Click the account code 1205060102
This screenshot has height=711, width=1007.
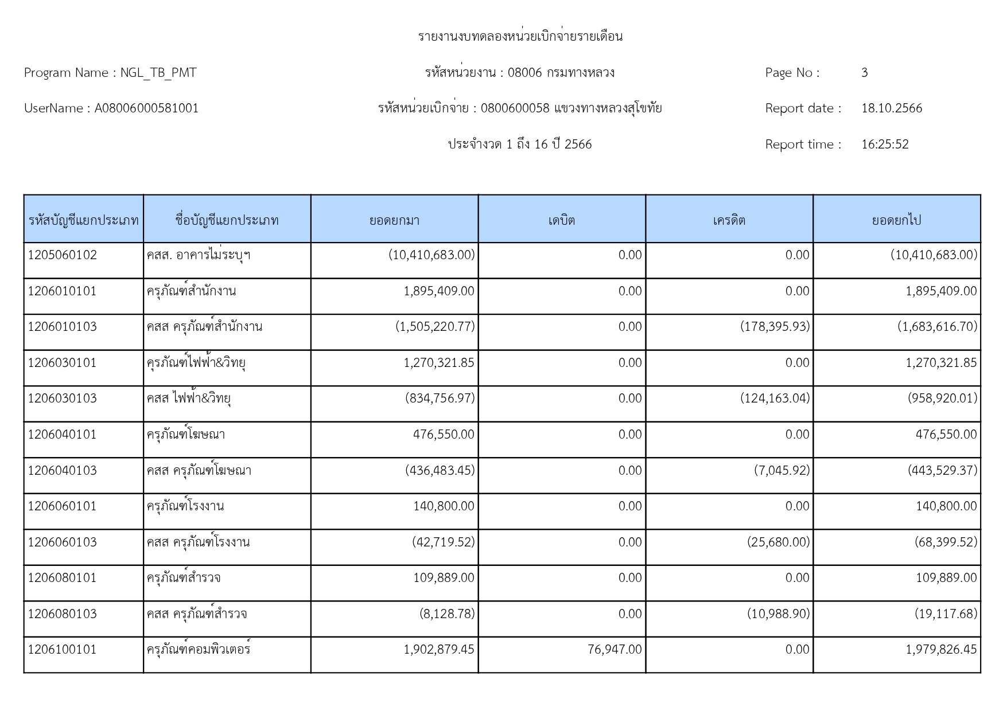63,255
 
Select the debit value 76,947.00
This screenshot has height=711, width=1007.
615,650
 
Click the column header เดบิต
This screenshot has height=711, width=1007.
561,220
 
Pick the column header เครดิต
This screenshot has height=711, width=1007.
729,220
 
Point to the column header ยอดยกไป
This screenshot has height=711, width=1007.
896,220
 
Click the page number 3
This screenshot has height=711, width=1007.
864,73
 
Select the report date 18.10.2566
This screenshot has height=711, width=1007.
892,108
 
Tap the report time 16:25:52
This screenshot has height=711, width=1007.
885,144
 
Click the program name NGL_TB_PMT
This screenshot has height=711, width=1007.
158,73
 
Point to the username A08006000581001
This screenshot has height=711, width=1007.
146,108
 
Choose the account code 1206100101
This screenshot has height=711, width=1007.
63,650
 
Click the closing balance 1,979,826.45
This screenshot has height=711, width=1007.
941,650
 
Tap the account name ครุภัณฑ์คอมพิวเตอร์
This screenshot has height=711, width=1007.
199,650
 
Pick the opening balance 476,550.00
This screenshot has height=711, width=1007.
444,435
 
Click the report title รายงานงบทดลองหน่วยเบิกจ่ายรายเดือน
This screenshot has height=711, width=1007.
520,37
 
